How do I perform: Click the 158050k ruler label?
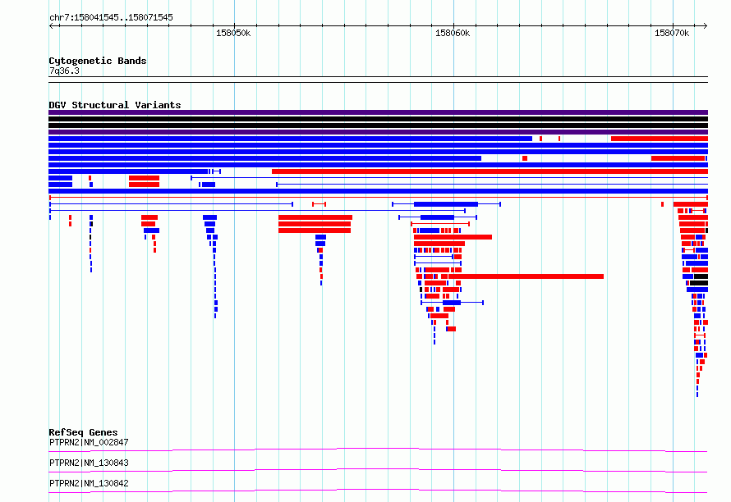233,33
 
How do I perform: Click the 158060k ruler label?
453,33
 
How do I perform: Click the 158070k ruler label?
671,33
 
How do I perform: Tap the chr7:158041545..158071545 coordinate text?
111,18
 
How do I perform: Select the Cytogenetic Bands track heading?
98,61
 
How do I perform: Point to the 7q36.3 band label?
64,71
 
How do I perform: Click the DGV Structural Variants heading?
115,105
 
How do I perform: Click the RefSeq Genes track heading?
83,432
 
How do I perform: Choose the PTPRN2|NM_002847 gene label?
89,442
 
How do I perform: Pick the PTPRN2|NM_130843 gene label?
89,463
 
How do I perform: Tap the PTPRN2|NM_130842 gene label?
89,483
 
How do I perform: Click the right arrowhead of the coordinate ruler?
706,25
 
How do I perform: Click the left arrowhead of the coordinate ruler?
50,25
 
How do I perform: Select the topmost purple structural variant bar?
378,112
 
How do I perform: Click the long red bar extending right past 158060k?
526,276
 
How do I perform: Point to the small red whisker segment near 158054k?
319,204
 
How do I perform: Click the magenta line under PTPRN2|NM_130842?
378,491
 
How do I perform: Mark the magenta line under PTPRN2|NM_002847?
378,450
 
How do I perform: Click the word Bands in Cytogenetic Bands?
132,61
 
